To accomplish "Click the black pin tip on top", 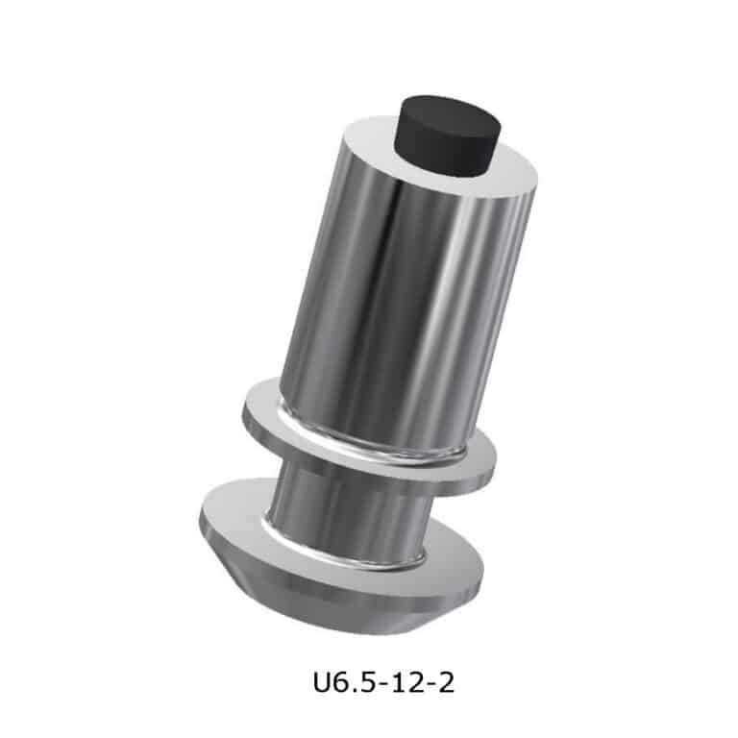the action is pos(447,136).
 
